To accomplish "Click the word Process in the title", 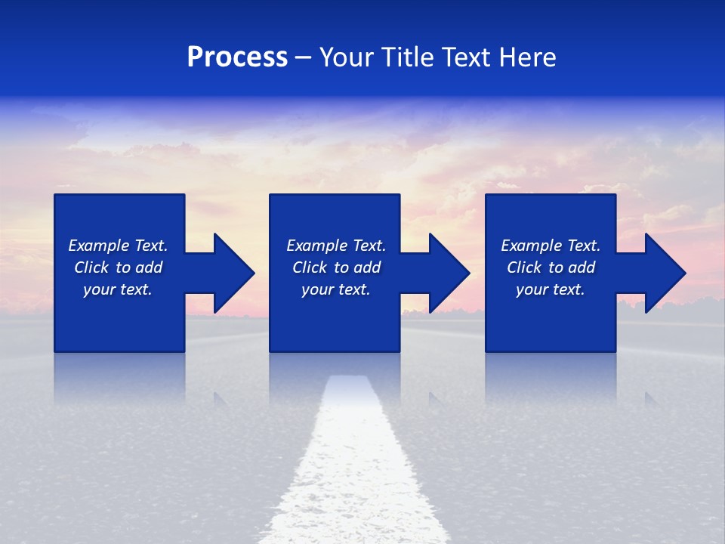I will click(x=237, y=57).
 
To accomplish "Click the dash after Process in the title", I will click(x=303, y=59).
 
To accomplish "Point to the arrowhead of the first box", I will click(x=233, y=273).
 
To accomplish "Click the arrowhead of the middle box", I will click(x=449, y=273).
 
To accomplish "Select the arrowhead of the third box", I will click(x=665, y=273).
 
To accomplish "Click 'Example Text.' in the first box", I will click(x=118, y=246).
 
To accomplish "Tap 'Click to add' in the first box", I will click(x=118, y=267).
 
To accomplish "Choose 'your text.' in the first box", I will click(x=118, y=289).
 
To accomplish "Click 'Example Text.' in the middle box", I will click(x=336, y=246).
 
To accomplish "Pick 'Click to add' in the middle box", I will click(x=336, y=267).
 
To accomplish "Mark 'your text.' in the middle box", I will click(x=336, y=289).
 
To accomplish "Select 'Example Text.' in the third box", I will click(x=551, y=246).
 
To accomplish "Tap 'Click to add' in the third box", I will click(x=551, y=267).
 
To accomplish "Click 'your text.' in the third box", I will click(x=551, y=289).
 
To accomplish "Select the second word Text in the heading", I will click(x=465, y=57).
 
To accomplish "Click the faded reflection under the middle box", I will click(x=335, y=374).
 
